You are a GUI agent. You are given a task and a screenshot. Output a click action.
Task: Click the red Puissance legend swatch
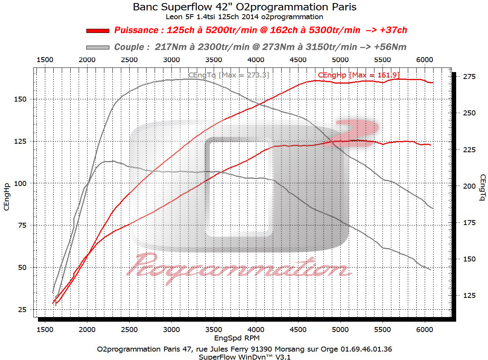point(97,31)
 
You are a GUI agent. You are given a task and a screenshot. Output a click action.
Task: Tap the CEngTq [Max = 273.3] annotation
point(228,75)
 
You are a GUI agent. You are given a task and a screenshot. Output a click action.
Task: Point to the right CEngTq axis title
point(482,187)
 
